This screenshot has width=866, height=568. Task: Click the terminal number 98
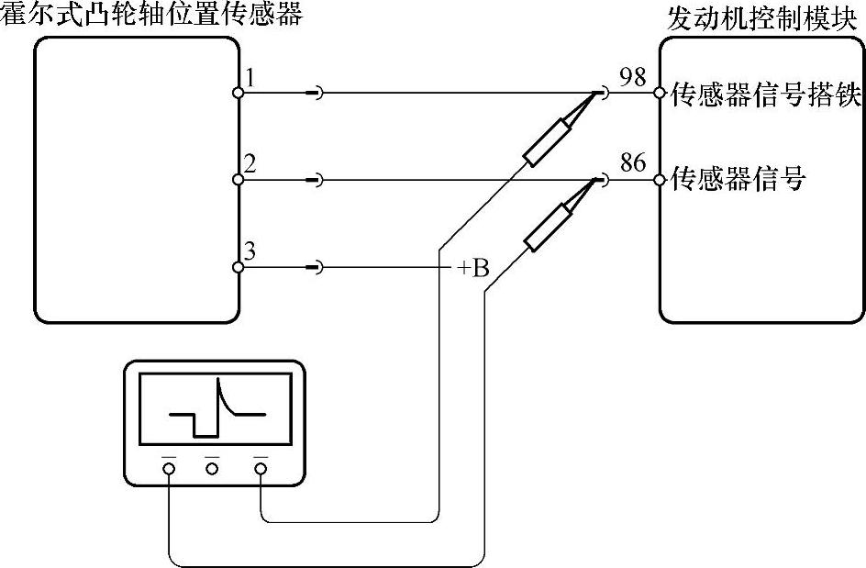[x=633, y=77]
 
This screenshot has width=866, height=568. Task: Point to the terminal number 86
[x=633, y=164]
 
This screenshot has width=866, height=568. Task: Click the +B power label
[x=473, y=268]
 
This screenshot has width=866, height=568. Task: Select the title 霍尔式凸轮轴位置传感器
[x=151, y=15]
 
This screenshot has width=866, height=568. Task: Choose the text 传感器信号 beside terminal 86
[x=738, y=180]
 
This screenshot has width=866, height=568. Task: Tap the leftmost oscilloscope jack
[x=169, y=469]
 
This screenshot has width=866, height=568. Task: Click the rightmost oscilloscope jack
[x=261, y=469]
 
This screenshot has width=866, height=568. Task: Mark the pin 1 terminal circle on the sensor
[x=238, y=93]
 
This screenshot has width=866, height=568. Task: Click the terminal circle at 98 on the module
[x=659, y=93]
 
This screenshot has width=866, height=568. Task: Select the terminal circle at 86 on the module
[x=659, y=180]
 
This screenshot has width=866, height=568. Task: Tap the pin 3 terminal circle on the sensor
[x=238, y=267]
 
